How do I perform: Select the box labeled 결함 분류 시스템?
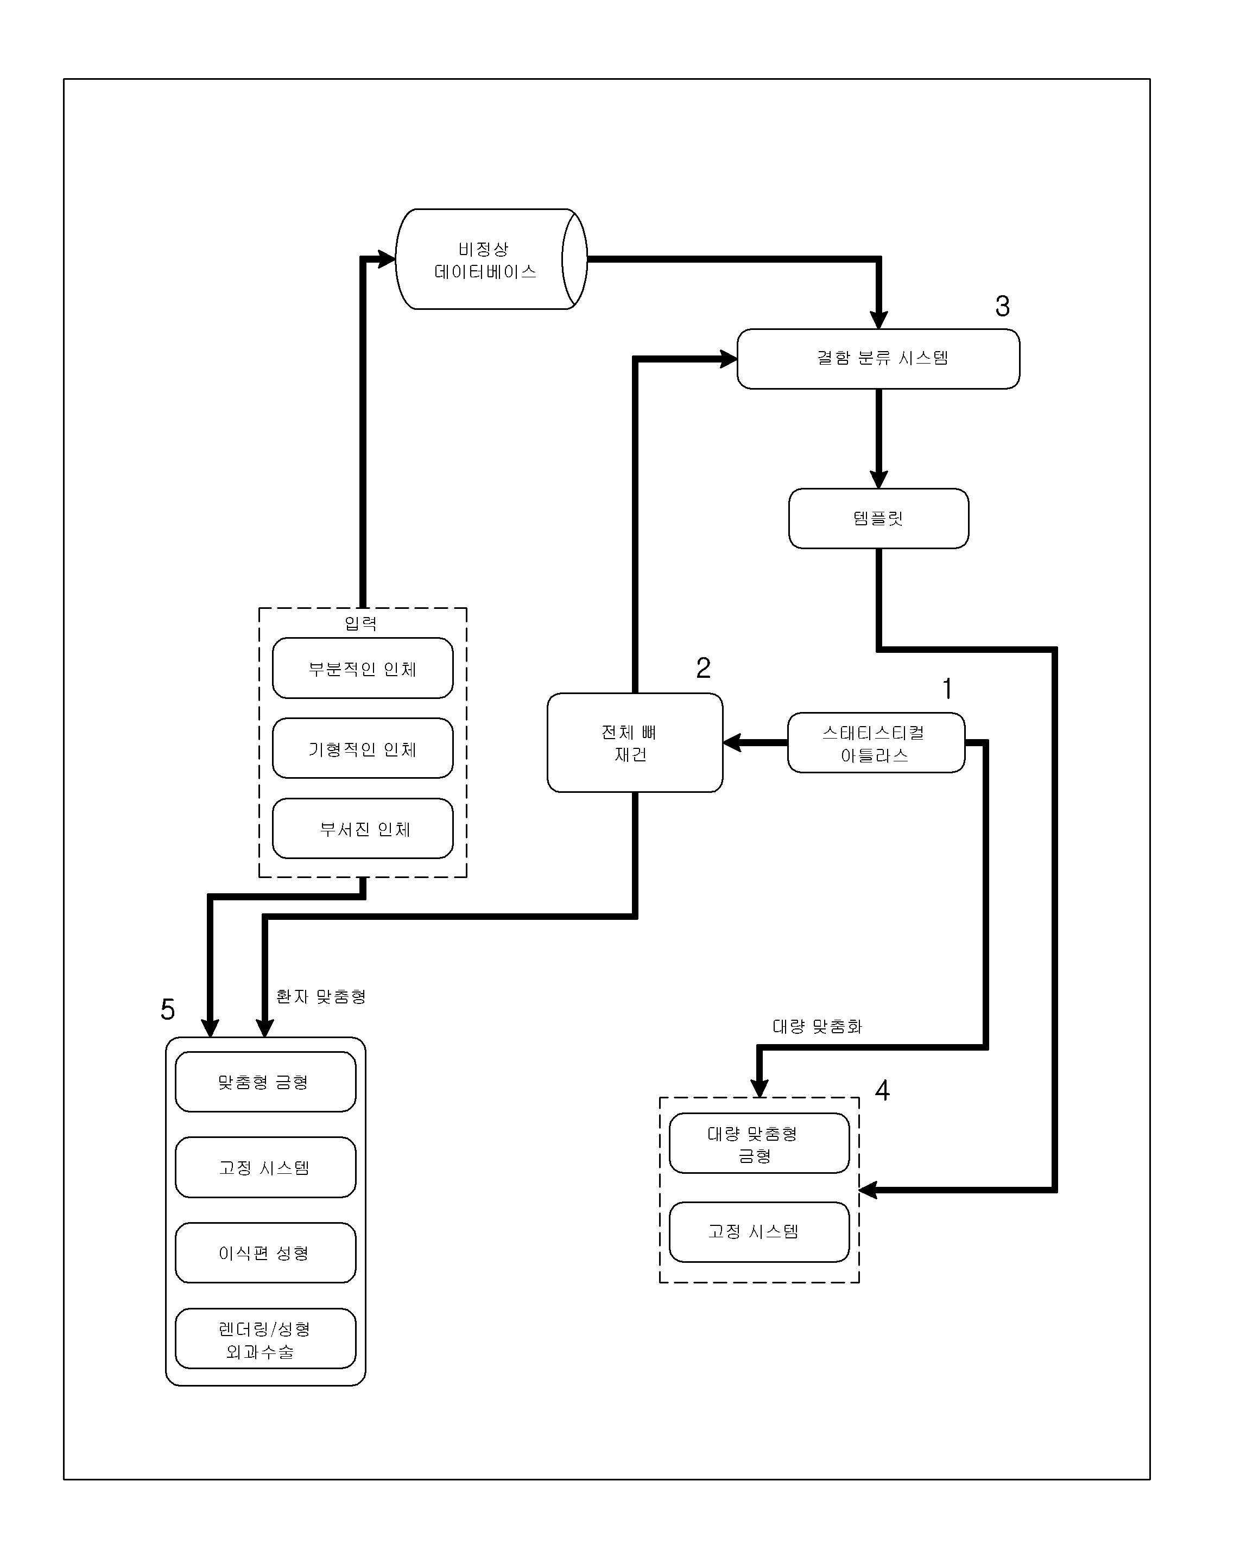[878, 359]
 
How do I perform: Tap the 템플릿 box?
[878, 518]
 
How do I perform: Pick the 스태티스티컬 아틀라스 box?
[876, 743]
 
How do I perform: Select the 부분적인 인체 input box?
[363, 669]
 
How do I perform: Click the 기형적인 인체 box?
[363, 749]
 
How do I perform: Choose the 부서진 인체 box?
[363, 829]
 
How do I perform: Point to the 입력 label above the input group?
[360, 623]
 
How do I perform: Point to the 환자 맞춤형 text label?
[321, 996]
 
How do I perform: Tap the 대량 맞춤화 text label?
[817, 1026]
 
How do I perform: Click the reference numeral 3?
[1002, 306]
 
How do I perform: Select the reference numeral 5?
[168, 1009]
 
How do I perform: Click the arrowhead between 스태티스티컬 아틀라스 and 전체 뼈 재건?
[732, 742]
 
